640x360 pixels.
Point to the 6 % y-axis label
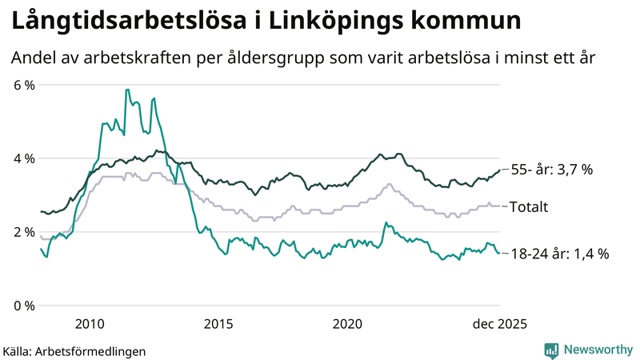point(24,85)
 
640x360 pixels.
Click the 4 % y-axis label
point(24,158)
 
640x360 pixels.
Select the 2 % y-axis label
point(24,232)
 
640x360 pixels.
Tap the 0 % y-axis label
point(24,306)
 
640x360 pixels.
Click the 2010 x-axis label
point(90,323)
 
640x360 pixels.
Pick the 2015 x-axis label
point(218,323)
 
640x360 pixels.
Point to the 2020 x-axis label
point(348,323)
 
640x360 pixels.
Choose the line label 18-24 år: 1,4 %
point(559,254)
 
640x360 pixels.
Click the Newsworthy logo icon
point(552,350)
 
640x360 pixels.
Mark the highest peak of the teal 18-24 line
point(126,90)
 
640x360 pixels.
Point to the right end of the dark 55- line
point(499,170)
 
